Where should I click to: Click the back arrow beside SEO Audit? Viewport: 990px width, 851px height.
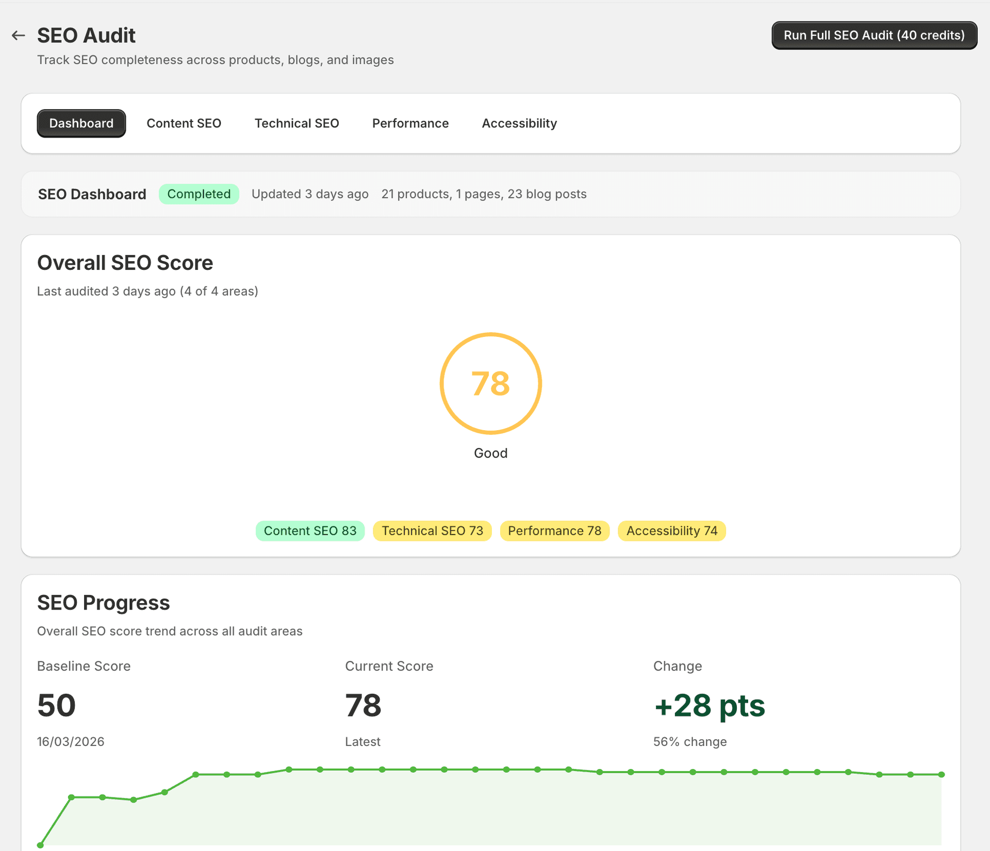click(19, 36)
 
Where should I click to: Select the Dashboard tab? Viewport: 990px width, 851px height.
click(81, 123)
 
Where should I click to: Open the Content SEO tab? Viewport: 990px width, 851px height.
click(184, 123)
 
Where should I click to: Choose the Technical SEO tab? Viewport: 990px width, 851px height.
click(296, 123)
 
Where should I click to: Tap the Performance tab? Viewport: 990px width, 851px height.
click(410, 123)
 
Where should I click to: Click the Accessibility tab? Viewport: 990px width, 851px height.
click(519, 123)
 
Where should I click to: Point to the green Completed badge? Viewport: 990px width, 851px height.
click(199, 194)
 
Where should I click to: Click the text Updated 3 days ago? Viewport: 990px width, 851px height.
click(309, 194)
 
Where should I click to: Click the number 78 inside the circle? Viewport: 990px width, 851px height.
click(490, 384)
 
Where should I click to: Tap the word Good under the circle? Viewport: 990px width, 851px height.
click(490, 453)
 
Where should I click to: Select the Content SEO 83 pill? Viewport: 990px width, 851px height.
click(310, 531)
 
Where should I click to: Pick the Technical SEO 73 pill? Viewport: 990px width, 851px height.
click(432, 531)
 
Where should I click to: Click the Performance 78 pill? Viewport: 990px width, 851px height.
click(554, 531)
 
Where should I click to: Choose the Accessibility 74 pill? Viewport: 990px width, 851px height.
click(671, 531)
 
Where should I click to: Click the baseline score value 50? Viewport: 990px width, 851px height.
click(56, 705)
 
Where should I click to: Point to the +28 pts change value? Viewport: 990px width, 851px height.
click(709, 705)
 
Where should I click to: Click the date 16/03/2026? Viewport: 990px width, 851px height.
click(71, 742)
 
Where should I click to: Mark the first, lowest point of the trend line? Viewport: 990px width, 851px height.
click(40, 845)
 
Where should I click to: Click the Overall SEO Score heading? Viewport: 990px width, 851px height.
click(125, 263)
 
